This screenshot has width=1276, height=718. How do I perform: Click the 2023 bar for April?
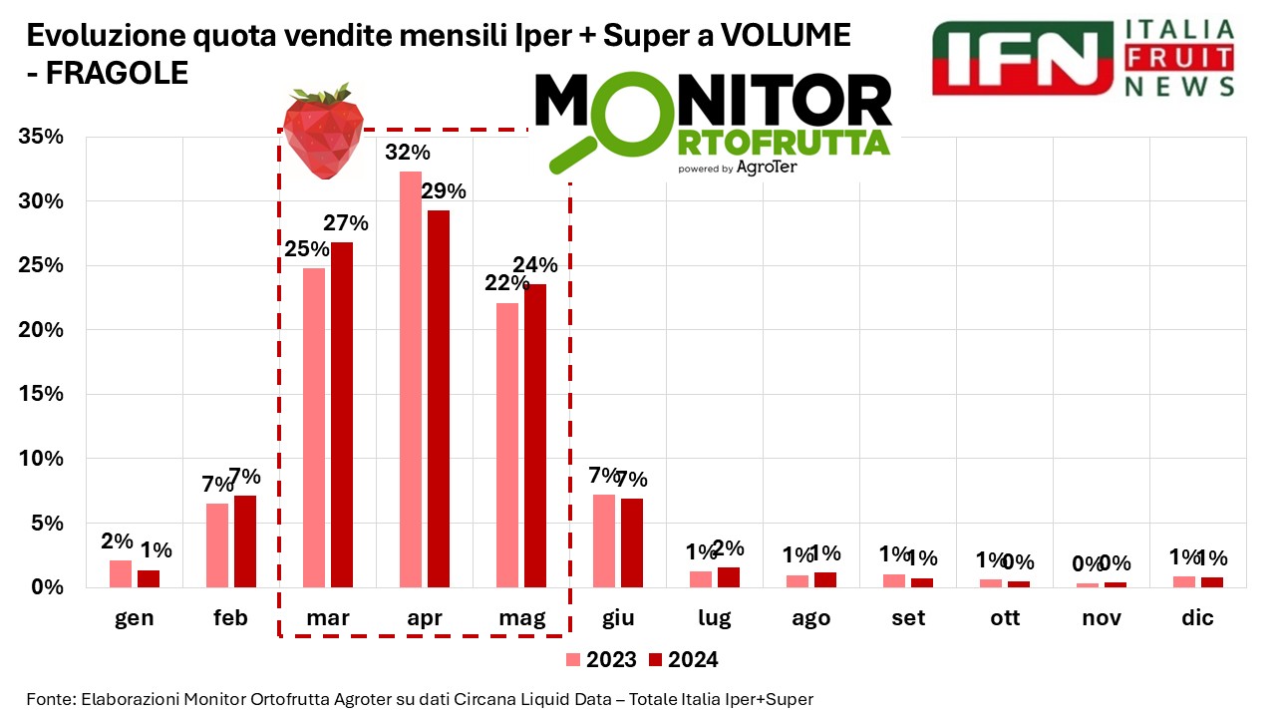410,379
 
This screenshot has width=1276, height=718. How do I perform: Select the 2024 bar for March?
342,414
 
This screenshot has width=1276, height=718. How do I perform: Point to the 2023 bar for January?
121,573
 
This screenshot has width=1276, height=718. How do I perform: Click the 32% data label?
409,153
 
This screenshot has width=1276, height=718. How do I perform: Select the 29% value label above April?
444,191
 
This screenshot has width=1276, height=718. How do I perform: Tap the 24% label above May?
535,264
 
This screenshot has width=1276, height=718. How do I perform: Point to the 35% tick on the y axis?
41,137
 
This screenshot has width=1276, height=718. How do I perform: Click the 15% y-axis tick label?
41,394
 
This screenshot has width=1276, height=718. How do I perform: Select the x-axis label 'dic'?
1197,618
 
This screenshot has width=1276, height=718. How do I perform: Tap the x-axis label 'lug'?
715,618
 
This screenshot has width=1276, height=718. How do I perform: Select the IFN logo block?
1021,58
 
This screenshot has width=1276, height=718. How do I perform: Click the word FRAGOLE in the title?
118,73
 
